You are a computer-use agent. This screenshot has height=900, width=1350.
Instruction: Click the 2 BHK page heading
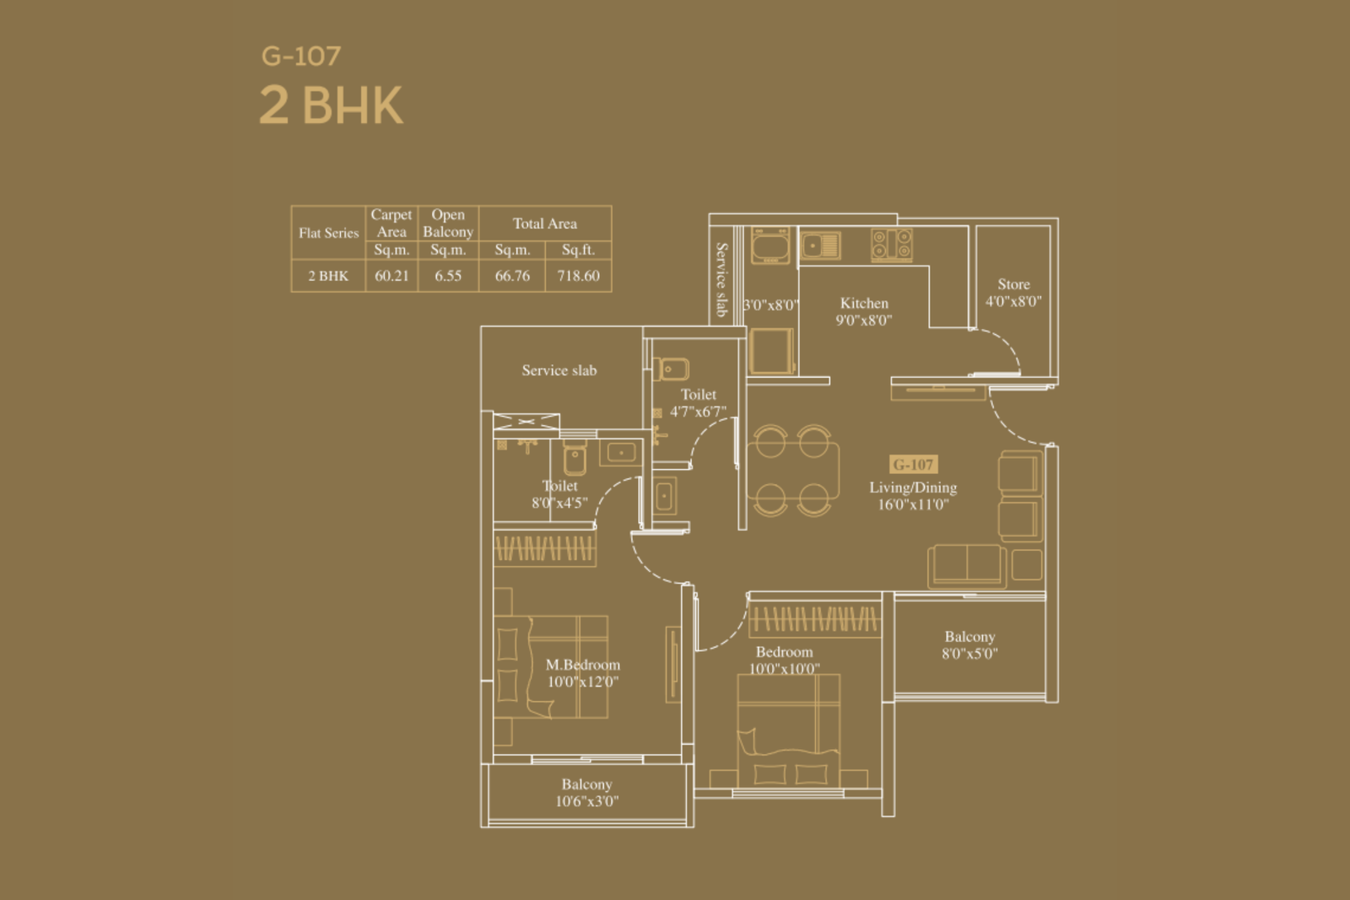click(x=331, y=105)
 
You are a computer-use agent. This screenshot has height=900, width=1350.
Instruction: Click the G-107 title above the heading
click(x=300, y=56)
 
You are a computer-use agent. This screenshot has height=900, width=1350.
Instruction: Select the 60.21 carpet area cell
click(x=391, y=276)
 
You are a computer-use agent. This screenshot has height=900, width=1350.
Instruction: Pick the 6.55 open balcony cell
click(x=448, y=276)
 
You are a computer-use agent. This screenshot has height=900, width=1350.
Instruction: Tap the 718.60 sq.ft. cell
click(x=578, y=276)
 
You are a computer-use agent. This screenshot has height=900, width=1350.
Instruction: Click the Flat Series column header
click(x=328, y=233)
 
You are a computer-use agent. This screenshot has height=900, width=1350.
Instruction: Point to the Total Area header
click(x=545, y=224)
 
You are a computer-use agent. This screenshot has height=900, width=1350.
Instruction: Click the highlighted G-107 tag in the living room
click(x=913, y=465)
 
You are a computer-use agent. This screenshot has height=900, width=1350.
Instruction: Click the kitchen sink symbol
click(x=820, y=245)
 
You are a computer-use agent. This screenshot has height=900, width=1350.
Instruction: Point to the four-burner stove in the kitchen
click(x=891, y=245)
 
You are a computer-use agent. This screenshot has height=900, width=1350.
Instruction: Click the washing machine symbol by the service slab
click(x=770, y=245)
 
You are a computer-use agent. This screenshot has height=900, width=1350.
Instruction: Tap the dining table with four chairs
click(x=792, y=471)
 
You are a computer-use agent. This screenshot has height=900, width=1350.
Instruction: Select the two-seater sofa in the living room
click(x=967, y=566)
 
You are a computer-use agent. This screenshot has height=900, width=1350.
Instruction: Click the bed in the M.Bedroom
click(x=550, y=666)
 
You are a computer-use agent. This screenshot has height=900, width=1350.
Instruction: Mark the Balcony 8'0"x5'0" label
click(x=969, y=644)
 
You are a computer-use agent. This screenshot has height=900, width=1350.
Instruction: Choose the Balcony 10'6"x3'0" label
click(x=587, y=792)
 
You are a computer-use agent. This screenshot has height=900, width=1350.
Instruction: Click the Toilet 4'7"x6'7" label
click(x=698, y=403)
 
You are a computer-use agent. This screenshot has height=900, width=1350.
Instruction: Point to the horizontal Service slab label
click(x=559, y=370)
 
